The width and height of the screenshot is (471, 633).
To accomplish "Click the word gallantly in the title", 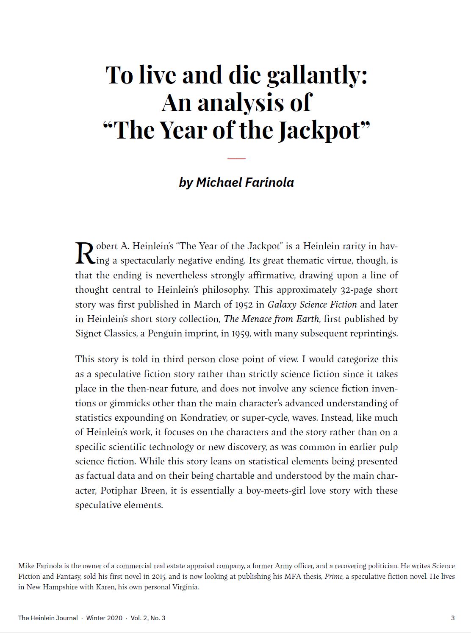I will coord(317,75).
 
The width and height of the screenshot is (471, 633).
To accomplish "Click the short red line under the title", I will coord(236,158).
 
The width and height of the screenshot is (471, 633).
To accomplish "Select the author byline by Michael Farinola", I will coord(236,182).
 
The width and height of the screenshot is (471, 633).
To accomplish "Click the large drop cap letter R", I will coord(84,253).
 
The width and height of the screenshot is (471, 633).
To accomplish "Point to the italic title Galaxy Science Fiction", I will coord(312,304).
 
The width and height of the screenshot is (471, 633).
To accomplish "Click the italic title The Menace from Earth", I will coord(271,319).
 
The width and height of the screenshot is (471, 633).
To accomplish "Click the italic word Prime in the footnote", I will coord(333,576).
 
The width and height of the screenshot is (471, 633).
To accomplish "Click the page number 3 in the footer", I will coord(452,618).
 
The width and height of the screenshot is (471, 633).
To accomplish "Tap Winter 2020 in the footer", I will coord(104,618).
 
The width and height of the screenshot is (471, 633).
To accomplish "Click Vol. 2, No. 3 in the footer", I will coord(148,618).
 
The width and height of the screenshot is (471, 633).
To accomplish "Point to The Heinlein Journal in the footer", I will coord(48,618).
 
